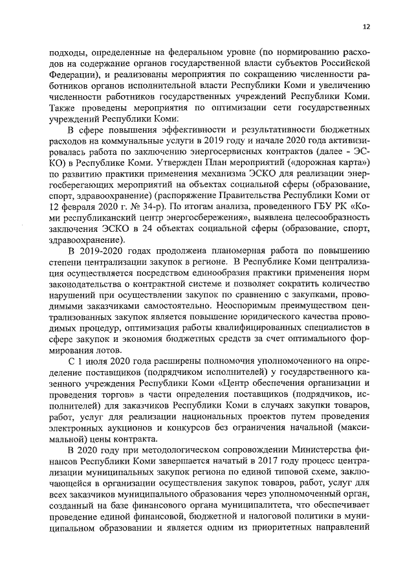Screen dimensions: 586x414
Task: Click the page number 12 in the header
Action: point(366,27)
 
